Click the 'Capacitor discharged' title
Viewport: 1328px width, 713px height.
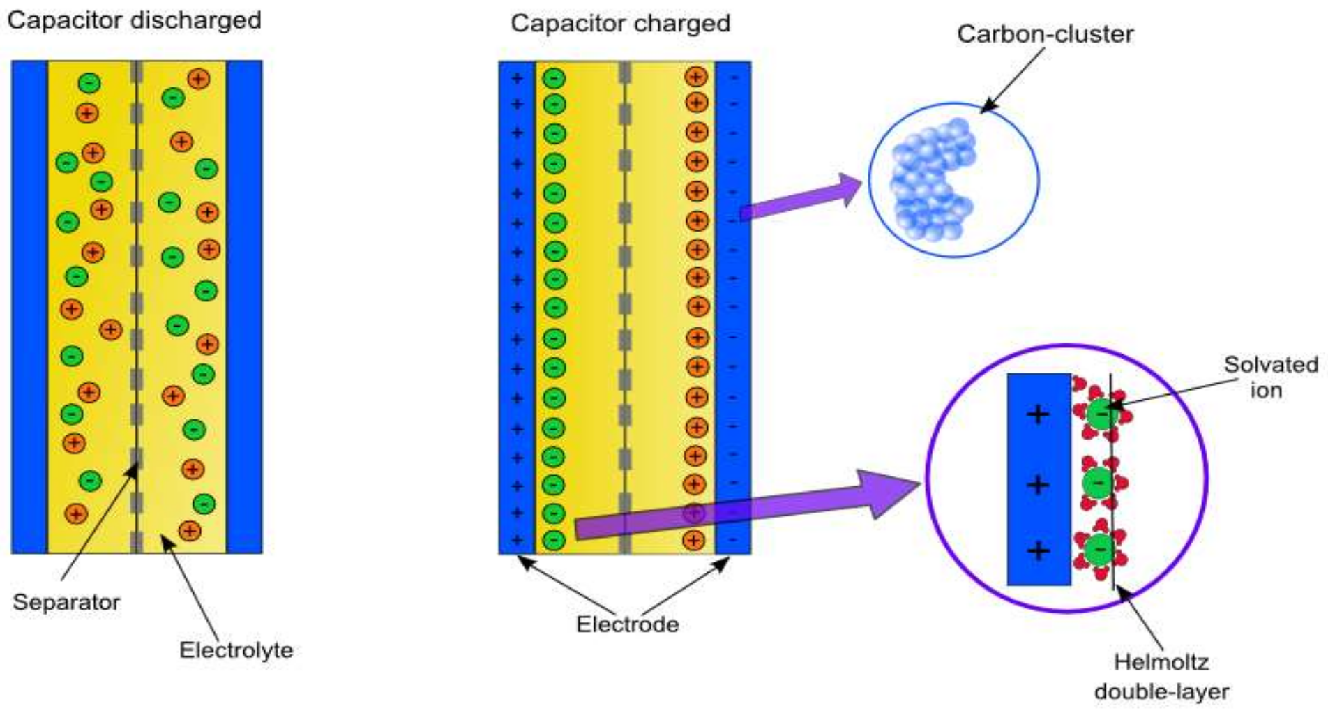pyautogui.click(x=134, y=20)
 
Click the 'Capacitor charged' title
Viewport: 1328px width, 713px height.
pyautogui.click(x=620, y=24)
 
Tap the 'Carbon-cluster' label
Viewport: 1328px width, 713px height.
pyautogui.click(x=1044, y=34)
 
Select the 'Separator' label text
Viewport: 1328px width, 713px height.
pyautogui.click(x=66, y=602)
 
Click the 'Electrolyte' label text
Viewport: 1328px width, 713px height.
pyautogui.click(x=236, y=650)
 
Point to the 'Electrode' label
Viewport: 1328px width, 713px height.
pyautogui.click(x=627, y=624)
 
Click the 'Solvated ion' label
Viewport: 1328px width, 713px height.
pyautogui.click(x=1270, y=377)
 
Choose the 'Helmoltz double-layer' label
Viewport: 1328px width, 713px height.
pyautogui.click(x=1161, y=677)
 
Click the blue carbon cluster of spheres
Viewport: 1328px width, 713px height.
pyautogui.click(x=932, y=180)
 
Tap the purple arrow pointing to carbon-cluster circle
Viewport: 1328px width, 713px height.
pyautogui.click(x=802, y=200)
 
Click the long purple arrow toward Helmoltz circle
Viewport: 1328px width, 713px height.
pyautogui.click(x=746, y=509)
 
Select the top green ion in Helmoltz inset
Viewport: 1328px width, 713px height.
pyautogui.click(x=1101, y=414)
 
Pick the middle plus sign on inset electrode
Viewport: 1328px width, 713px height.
pyautogui.click(x=1038, y=484)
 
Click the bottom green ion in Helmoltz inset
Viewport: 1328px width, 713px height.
pyautogui.click(x=1100, y=550)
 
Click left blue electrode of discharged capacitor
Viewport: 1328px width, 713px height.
pyautogui.click(x=29, y=307)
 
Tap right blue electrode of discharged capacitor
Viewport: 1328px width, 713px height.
pyautogui.click(x=244, y=307)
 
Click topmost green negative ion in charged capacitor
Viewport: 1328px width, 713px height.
pyautogui.click(x=554, y=78)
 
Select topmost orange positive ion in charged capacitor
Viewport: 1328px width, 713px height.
pyautogui.click(x=696, y=77)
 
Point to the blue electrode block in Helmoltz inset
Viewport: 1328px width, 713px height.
pyautogui.click(x=1039, y=516)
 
